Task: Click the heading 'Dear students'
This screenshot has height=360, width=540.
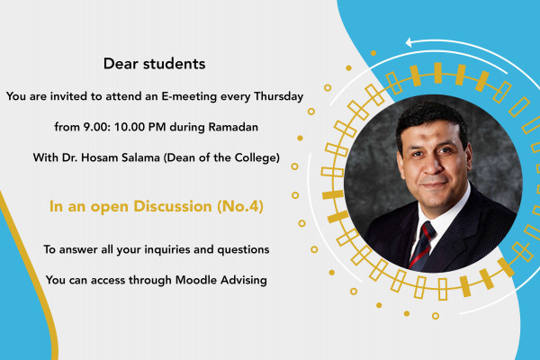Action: (155, 64)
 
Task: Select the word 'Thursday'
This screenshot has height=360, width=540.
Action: (276, 95)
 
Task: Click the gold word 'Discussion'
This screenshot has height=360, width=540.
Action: (172, 206)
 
